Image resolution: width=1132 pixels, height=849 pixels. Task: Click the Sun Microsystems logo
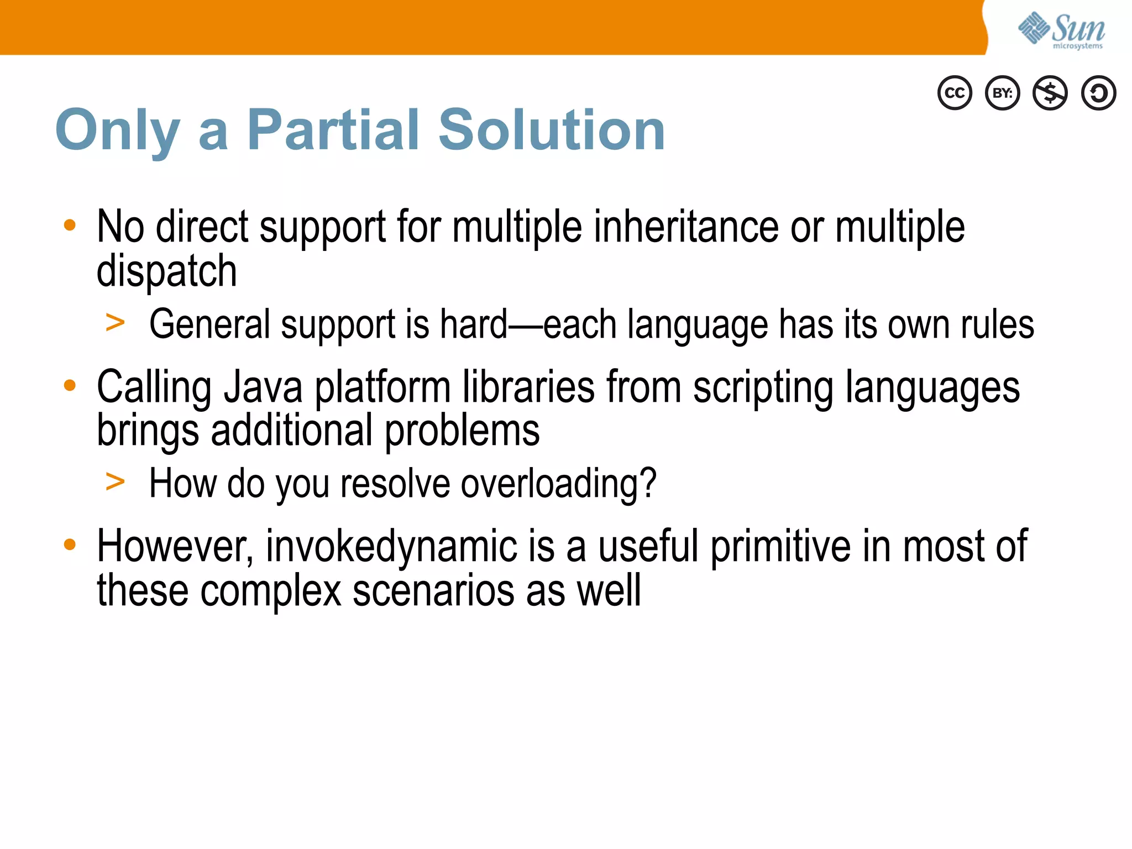coord(1061,30)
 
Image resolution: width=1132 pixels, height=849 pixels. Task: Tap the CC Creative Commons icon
coord(955,93)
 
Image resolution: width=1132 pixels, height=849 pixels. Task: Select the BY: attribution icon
coord(1003,93)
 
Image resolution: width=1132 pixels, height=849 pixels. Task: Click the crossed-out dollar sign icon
coord(1050,93)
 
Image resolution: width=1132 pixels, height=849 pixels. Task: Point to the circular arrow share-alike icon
coord(1098,93)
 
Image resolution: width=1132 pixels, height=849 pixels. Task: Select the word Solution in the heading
coord(552,130)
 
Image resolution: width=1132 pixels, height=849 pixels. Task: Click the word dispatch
coord(166,271)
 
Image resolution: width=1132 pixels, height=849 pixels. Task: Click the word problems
coord(462,431)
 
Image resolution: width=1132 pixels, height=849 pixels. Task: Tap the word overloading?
coord(558,484)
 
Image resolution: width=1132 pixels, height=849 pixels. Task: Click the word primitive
coord(780,547)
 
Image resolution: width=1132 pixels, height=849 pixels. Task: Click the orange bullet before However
coord(70,544)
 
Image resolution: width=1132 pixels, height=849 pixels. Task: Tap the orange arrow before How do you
coord(115,481)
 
